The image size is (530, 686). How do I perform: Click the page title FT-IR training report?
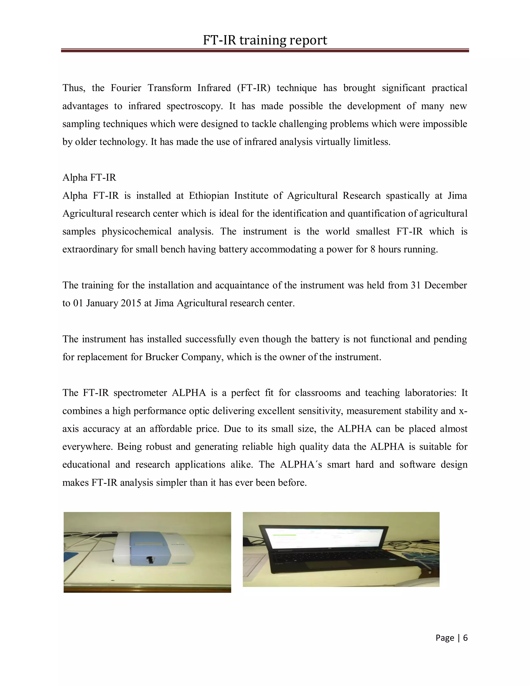[x=265, y=40]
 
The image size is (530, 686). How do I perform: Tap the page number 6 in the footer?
[x=465, y=638]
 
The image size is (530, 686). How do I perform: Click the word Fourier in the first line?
[x=126, y=88]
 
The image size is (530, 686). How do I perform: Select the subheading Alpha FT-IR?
[x=89, y=178]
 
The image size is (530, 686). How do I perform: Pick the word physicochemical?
[x=137, y=231]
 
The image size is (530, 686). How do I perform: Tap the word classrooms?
[x=318, y=393]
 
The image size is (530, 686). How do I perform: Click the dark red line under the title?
[x=265, y=50]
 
